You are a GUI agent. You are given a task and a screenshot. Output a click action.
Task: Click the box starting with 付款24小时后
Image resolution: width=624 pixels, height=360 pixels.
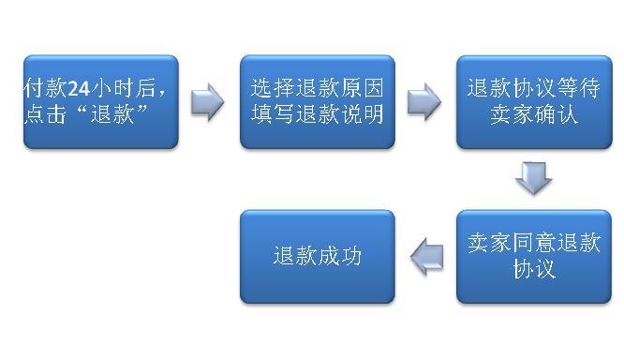click(x=100, y=101)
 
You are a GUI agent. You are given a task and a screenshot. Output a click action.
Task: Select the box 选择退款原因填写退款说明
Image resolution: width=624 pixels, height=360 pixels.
click(x=318, y=101)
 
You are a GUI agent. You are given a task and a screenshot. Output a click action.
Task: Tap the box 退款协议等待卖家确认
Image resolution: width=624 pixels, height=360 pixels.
click(x=534, y=101)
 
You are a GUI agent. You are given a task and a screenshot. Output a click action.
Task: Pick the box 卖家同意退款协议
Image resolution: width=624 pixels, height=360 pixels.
click(x=534, y=256)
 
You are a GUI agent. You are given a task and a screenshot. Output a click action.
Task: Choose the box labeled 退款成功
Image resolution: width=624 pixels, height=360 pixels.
click(x=318, y=256)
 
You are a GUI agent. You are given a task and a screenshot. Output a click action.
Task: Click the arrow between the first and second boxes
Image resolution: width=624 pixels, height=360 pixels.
click(x=208, y=101)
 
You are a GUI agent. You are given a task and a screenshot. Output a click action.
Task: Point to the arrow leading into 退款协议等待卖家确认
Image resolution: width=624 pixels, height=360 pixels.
click(x=425, y=101)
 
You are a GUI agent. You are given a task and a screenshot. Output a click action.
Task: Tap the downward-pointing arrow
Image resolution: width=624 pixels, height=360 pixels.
click(x=534, y=178)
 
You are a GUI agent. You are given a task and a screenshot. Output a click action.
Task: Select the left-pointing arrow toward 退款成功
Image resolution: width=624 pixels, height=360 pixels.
click(x=426, y=256)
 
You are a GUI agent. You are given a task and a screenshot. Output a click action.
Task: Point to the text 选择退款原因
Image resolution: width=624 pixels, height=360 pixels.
click(x=318, y=89)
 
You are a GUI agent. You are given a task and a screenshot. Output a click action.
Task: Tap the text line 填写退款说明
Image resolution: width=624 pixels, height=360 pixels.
click(x=318, y=114)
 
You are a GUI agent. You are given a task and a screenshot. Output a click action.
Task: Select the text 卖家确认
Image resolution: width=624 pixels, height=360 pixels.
click(x=534, y=114)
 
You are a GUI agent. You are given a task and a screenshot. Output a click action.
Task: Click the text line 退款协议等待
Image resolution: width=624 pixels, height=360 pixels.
click(x=534, y=89)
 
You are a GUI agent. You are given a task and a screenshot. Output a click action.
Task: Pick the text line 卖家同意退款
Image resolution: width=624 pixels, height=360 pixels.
click(x=534, y=244)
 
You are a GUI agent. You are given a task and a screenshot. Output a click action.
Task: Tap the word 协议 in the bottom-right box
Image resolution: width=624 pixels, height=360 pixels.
click(x=534, y=269)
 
